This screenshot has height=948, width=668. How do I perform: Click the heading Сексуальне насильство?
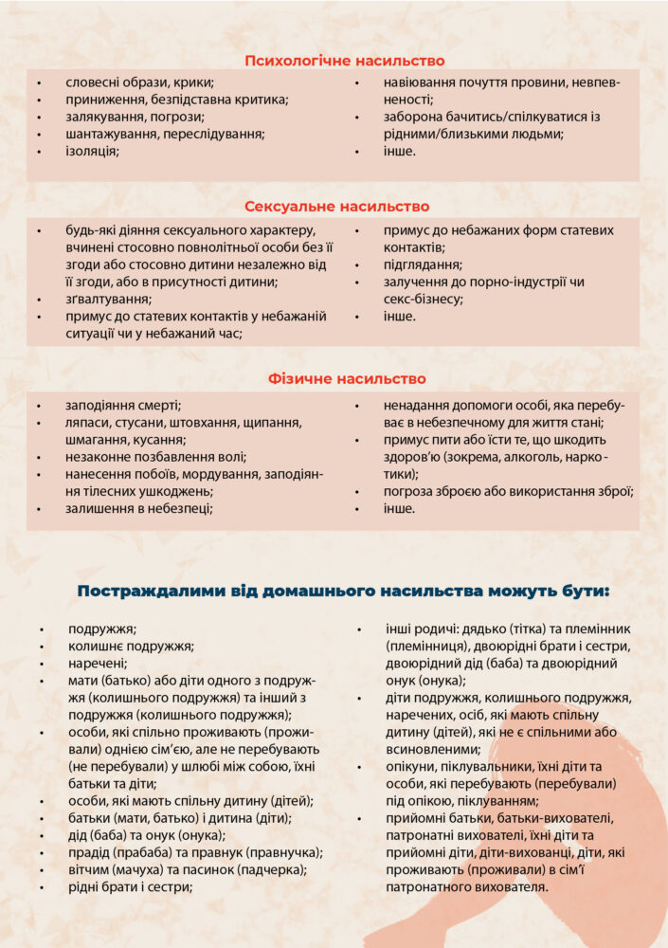tap(336, 206)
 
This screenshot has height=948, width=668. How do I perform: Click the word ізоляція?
tap(92, 151)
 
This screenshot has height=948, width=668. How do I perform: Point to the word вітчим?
tap(92, 870)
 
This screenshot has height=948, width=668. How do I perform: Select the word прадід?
tap(90, 853)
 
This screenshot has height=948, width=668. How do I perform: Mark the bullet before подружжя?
tap(42, 629)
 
